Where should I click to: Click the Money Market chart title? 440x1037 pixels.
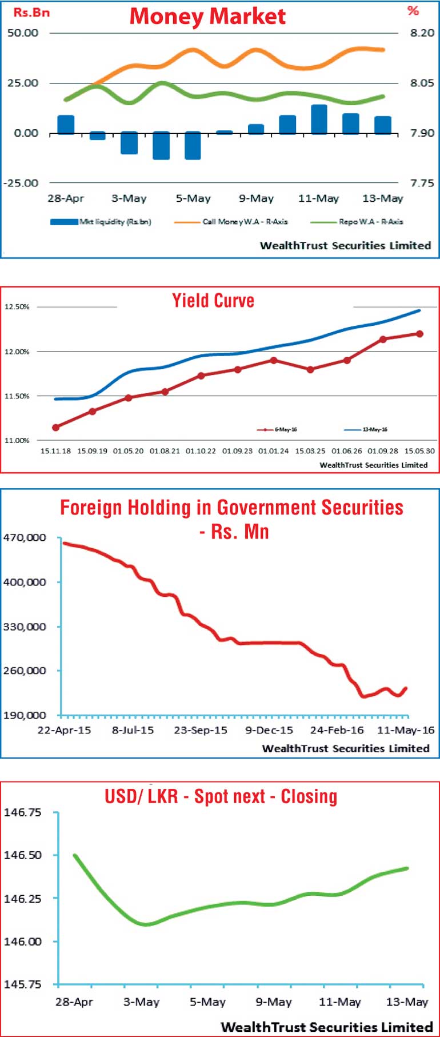coord(207,16)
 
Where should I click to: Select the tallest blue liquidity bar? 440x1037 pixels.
coord(319,119)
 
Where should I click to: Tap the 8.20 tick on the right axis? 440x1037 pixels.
coord(422,33)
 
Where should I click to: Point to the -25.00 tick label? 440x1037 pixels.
coord(21,183)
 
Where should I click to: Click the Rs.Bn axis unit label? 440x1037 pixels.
coord(31,13)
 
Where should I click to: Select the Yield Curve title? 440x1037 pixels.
coord(213,301)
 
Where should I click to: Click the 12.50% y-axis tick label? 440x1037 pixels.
coord(17,307)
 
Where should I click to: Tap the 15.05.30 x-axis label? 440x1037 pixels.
coord(419,451)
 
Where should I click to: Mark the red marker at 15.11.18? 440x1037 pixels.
coord(56,428)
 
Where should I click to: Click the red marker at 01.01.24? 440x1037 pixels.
coord(274,360)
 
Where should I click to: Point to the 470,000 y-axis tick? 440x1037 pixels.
coord(24,538)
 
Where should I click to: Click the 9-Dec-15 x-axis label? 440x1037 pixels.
coord(269,730)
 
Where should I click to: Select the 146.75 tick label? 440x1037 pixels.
coord(22,812)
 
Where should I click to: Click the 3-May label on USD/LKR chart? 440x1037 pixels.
coord(141,1002)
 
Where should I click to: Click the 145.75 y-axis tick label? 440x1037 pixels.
coord(22,984)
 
